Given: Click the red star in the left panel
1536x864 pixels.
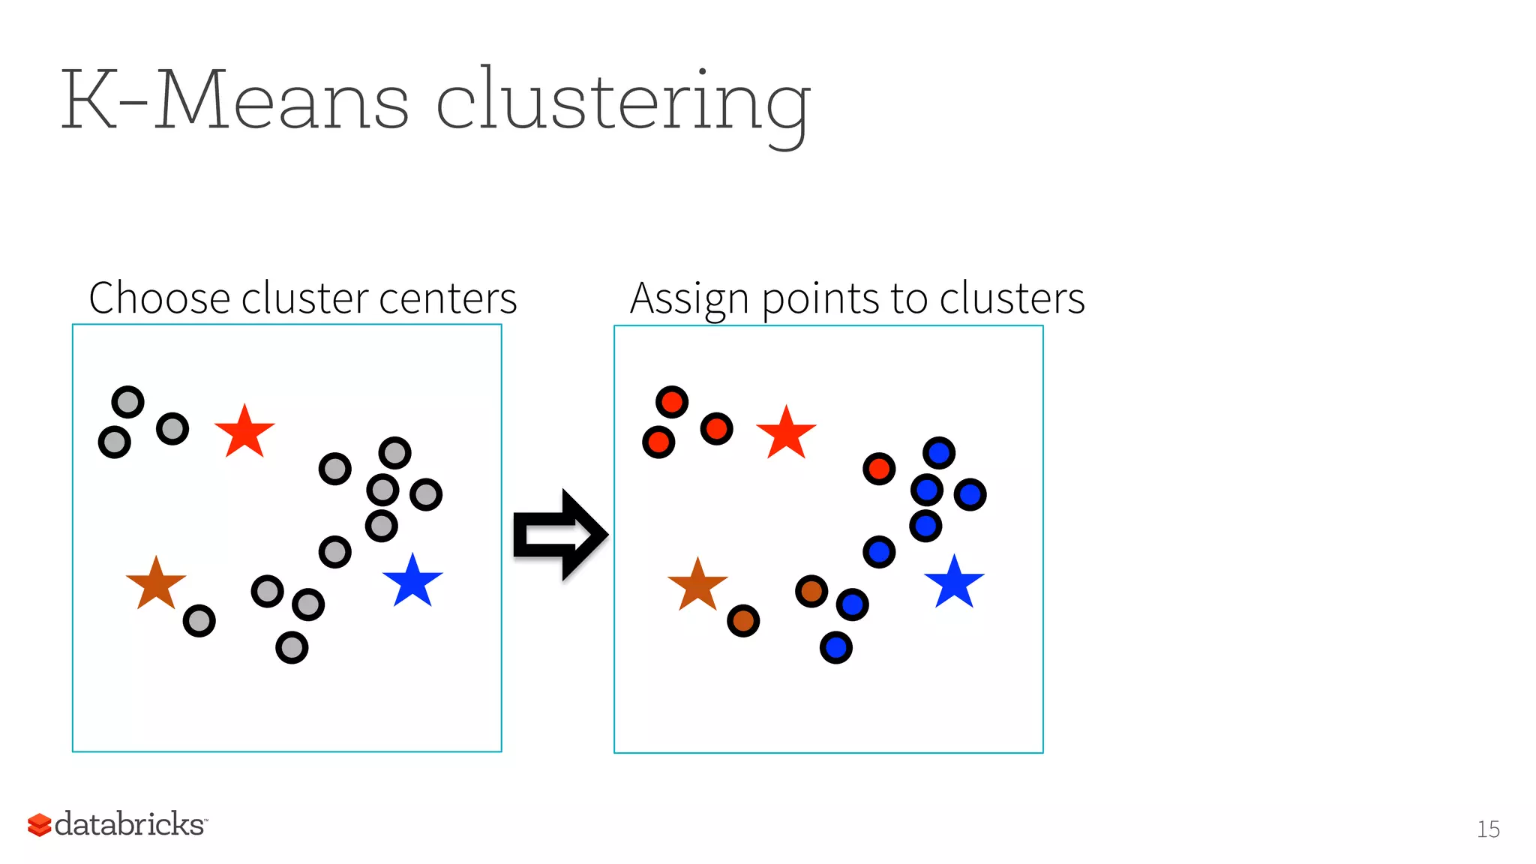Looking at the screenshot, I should (244, 433).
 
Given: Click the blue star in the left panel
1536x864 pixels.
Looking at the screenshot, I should (412, 582).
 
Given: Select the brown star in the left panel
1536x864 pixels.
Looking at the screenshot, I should (156, 584).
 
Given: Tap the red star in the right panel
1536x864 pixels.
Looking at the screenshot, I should (786, 433).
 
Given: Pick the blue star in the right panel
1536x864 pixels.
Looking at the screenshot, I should (954, 583).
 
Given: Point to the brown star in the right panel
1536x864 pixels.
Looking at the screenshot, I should (697, 586).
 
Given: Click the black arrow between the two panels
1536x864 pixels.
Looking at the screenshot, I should (559, 535).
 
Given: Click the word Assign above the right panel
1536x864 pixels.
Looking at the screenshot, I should (689, 299).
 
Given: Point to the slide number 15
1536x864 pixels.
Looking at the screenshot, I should (1488, 829).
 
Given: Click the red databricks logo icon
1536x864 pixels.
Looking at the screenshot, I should (39, 824).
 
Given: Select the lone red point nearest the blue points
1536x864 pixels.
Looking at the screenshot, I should (879, 469).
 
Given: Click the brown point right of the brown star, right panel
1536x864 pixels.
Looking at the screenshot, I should (743, 621).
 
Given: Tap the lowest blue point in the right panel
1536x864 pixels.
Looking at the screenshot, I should (836, 647).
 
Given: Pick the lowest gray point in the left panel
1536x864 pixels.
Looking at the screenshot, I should (292, 647).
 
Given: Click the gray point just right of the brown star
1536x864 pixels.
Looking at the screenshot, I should (199, 621).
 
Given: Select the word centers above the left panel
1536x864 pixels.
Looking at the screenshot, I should (448, 298).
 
